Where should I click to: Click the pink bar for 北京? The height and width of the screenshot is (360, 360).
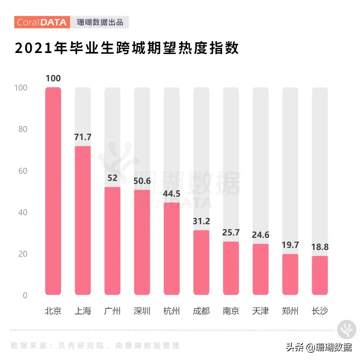coord(53,191)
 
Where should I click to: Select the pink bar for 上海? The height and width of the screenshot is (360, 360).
coord(83,220)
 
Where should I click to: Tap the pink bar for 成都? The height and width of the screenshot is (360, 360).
coord(201,262)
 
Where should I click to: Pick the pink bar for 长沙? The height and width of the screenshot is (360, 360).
coord(320,275)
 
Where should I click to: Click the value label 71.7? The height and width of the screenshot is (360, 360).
coord(83,137)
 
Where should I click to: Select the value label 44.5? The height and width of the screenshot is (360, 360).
coord(172,194)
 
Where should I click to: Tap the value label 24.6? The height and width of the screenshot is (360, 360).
coord(260,235)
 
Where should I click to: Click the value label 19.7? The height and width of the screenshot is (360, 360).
coord(290,245)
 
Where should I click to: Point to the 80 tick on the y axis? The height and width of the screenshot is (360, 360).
coord(23,129)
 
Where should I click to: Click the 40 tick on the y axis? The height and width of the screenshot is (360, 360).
coord(23,213)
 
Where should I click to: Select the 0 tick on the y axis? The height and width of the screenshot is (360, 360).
coord(25,296)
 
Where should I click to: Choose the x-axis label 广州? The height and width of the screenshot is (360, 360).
coord(112,311)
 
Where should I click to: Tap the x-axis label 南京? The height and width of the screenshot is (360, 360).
coord(231,311)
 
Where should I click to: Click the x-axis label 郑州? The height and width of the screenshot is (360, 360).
coord(290,311)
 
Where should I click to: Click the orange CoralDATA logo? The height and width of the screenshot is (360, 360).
coord(42,22)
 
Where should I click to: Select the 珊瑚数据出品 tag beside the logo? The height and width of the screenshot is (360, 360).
coord(100,22)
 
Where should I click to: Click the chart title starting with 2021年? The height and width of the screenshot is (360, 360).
coord(127,49)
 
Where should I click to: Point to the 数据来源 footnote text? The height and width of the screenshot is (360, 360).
coord(95,346)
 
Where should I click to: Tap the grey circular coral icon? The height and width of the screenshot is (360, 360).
coord(347,330)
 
